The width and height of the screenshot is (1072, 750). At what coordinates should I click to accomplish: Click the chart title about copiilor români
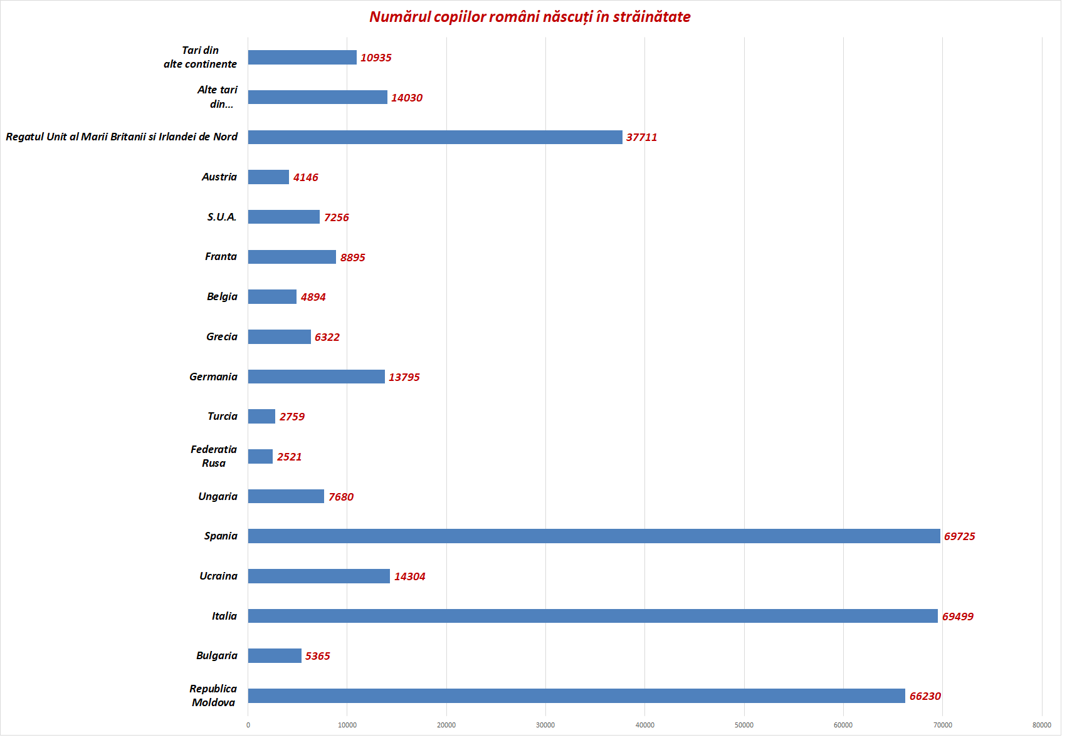click(530, 17)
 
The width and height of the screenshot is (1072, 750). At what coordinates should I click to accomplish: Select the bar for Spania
click(593, 536)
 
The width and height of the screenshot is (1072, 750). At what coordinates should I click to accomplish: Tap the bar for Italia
click(592, 616)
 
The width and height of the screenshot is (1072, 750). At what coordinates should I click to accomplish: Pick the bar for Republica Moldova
click(576, 695)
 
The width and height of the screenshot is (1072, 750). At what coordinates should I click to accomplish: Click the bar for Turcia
click(261, 416)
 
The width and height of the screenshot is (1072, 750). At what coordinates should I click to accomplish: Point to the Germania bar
click(316, 377)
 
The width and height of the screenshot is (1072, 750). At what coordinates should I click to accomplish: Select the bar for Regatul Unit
click(434, 137)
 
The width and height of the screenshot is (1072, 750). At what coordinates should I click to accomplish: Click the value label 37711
click(641, 137)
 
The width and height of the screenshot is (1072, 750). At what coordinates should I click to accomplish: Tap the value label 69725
click(959, 536)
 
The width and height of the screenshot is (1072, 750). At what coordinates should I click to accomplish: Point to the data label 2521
click(289, 457)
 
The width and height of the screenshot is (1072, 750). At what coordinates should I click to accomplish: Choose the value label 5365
click(317, 656)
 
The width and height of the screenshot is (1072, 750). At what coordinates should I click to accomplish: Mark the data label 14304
click(409, 576)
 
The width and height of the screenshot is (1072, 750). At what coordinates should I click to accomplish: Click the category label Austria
click(219, 177)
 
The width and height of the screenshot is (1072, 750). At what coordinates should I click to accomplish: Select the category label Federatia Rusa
click(214, 456)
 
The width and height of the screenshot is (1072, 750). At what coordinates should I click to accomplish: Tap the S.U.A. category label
click(222, 217)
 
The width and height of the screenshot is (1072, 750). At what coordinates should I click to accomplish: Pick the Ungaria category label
click(218, 496)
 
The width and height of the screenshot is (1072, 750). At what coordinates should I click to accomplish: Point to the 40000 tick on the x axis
click(644, 725)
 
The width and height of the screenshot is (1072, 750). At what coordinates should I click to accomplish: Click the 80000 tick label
click(1041, 725)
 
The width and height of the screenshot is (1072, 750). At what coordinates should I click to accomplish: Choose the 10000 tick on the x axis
click(347, 725)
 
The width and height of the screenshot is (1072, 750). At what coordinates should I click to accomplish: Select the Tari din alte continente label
click(200, 57)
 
